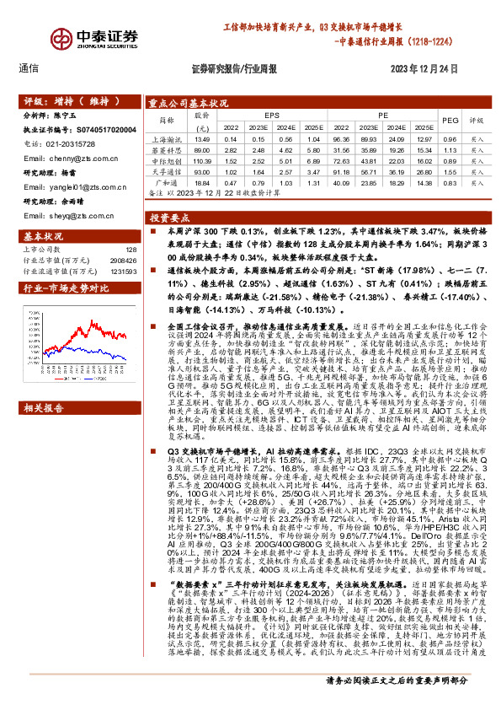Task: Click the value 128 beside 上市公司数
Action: pos(131,249)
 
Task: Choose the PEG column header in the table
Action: pos(450,120)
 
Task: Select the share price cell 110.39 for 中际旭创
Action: pos(201,159)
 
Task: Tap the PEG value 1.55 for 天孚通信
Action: pos(450,170)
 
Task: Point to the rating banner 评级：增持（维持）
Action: pos(59,100)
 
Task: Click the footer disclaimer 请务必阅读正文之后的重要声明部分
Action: pos(396,680)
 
